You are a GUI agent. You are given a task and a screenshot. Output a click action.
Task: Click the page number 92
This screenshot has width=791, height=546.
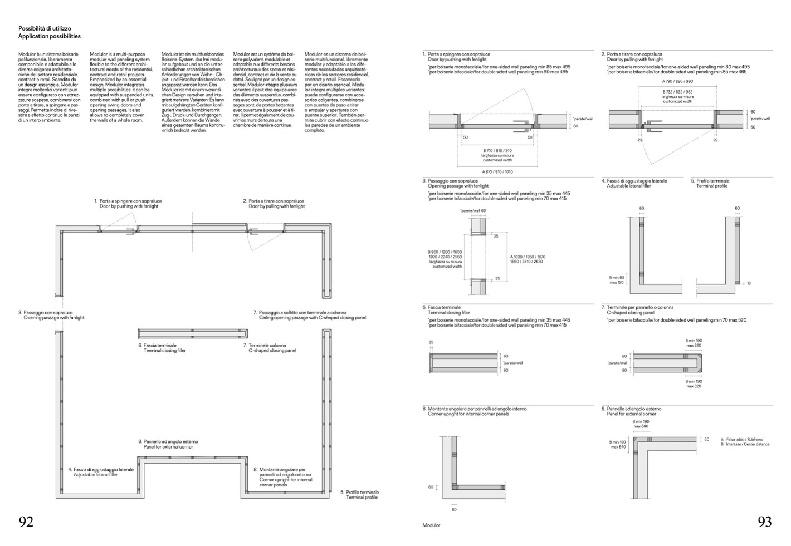(x=26, y=522)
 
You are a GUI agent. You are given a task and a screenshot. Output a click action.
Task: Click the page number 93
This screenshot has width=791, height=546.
(x=764, y=522)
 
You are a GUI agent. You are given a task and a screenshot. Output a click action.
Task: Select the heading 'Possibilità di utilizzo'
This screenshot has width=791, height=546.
(x=45, y=28)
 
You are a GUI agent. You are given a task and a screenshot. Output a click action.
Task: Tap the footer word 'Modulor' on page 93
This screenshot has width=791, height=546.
(x=431, y=525)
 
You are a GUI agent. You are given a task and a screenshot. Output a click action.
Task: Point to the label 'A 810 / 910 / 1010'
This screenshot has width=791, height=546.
(x=497, y=172)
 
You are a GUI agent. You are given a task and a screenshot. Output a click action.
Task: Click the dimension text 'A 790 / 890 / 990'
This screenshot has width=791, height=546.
(x=677, y=81)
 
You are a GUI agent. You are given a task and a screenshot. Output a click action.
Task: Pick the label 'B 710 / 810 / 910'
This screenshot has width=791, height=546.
(x=497, y=151)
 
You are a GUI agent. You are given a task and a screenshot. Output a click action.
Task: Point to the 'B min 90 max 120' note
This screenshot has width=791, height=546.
(x=617, y=279)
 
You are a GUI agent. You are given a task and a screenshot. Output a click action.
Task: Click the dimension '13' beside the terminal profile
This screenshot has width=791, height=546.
(x=749, y=283)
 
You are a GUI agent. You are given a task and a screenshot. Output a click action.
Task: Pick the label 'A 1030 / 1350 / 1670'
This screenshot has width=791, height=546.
(x=528, y=257)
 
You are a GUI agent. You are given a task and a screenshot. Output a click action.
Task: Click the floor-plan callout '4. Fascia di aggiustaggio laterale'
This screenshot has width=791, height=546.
(x=103, y=470)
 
